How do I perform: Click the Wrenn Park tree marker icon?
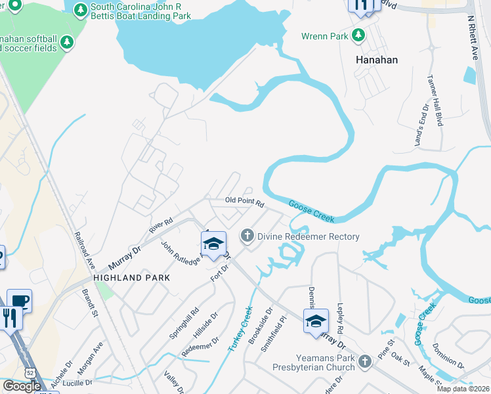[x=358, y=35]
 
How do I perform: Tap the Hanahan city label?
[x=377, y=58]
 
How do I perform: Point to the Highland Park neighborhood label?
[x=131, y=278]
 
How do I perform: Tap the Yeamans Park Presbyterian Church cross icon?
[x=365, y=361]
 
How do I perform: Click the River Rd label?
[x=160, y=225]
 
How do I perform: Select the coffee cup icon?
[x=19, y=301]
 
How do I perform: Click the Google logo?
[x=22, y=386]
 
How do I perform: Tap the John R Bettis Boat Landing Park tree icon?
[x=80, y=11]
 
